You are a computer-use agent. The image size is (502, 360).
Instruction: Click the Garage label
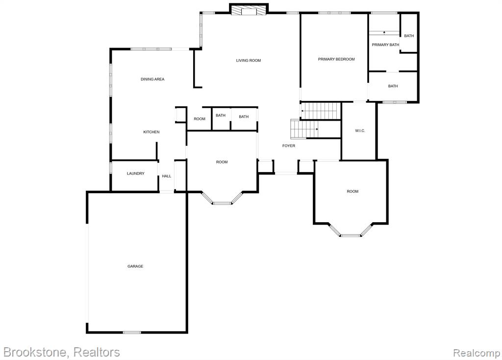135,266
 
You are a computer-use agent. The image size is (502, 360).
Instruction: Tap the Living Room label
249,60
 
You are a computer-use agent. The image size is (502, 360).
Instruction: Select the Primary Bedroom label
336,59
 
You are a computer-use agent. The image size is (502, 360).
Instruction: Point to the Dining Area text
152,79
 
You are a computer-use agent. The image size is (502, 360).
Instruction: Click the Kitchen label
151,132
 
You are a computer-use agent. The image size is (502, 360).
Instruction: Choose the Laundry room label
135,173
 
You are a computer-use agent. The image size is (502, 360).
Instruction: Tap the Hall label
167,176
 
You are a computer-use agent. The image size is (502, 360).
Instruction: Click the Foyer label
288,146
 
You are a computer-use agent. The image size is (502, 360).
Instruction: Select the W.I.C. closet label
360,130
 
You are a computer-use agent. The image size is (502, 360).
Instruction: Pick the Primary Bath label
385,45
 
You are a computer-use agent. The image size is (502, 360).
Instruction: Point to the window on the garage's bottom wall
132,332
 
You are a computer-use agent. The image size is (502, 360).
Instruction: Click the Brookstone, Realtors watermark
61,352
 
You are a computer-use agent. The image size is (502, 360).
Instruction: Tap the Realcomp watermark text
477,353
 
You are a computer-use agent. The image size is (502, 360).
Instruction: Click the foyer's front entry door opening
286,173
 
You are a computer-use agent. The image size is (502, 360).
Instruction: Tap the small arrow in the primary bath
384,32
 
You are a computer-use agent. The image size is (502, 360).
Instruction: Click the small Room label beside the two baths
200,119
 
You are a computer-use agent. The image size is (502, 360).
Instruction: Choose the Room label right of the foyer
352,191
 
